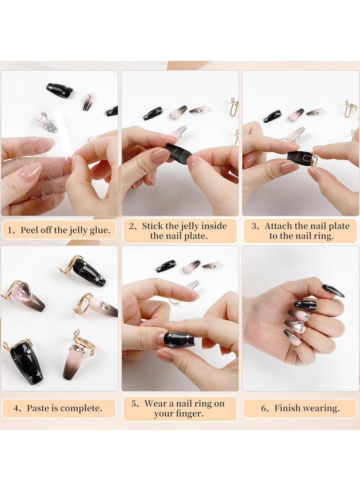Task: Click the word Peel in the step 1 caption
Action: pyautogui.click(x=31, y=231)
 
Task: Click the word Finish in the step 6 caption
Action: pyautogui.click(x=287, y=409)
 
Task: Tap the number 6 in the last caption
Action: pyautogui.click(x=264, y=409)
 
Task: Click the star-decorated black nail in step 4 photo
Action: pyautogui.click(x=26, y=362)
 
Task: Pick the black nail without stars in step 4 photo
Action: pyautogui.click(x=89, y=272)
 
